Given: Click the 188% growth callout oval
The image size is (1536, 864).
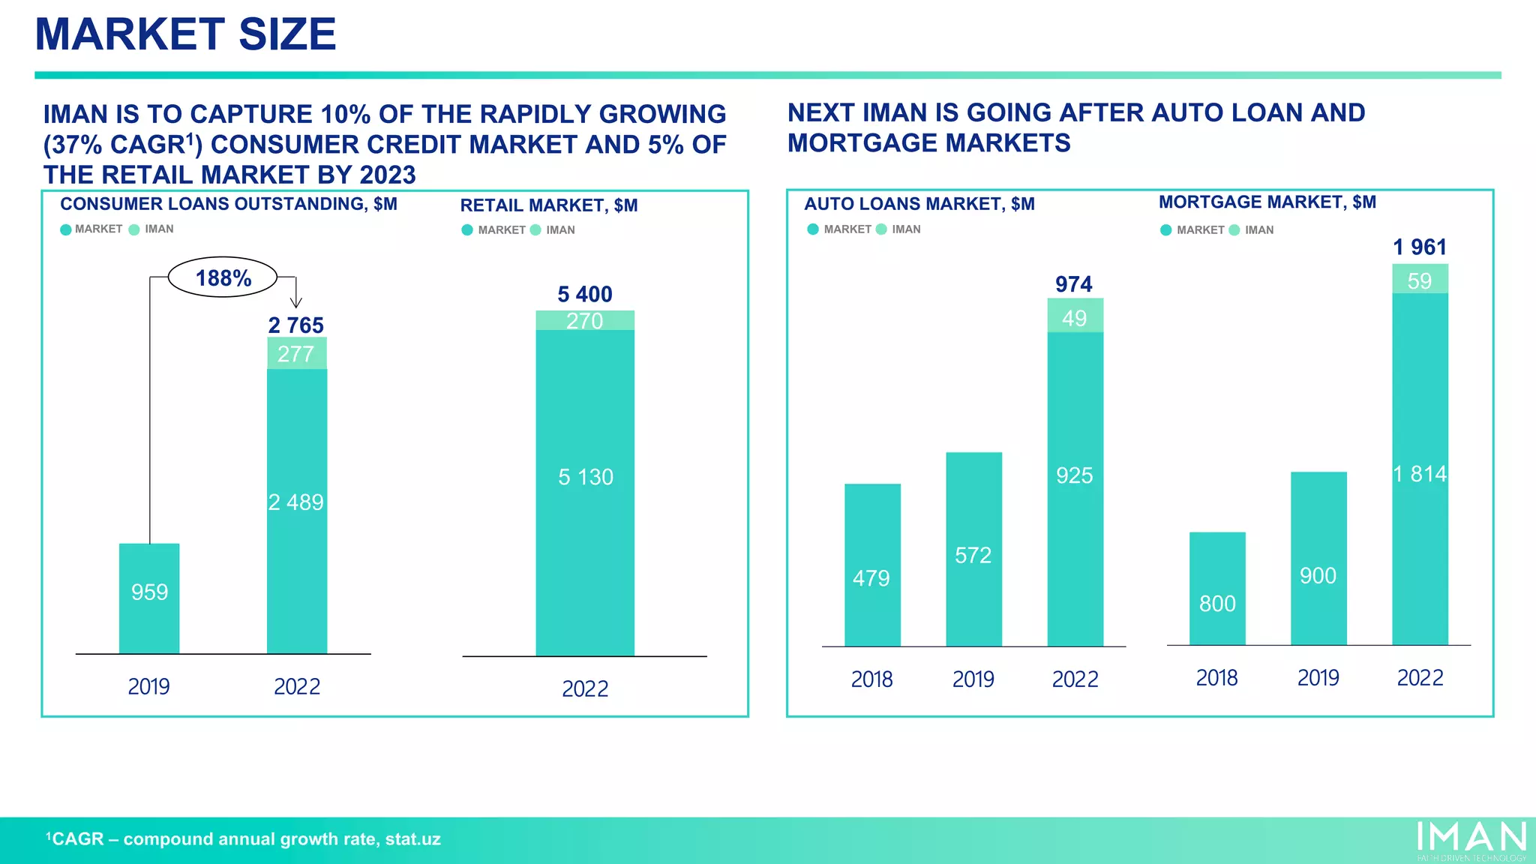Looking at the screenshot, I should coord(223,277).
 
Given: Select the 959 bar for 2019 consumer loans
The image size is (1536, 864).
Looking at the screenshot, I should coord(149,598).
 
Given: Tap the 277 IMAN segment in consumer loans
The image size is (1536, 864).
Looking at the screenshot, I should coord(296,353).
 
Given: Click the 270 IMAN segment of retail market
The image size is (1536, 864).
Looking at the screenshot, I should coord(585,321).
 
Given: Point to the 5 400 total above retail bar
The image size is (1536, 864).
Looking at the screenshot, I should coord(585,294).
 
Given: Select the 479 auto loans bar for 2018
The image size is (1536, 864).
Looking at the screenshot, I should coord(872,565).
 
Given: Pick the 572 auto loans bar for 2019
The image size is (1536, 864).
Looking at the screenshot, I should coord(973,549).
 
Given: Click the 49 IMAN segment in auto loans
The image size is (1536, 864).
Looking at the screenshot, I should coord(1075,316).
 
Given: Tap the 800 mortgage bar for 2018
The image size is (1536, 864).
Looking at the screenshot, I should coord(1217,589).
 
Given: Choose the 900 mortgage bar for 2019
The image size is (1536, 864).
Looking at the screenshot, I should coord(1318,558).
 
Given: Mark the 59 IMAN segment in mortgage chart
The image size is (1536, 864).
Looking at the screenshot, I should coord(1420,279).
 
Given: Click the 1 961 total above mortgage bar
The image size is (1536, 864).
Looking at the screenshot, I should coord(1420,247).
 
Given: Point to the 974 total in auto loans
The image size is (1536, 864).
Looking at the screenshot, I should coord(1074,284).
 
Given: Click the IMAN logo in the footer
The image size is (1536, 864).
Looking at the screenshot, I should coord(1471,838).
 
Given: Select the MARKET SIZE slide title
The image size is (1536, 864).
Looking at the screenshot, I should coord(186,34).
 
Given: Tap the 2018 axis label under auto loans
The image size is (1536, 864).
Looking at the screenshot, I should coord(871,679).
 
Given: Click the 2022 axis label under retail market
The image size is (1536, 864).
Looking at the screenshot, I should coord(585,688).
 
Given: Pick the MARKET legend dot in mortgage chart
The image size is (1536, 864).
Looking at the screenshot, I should coord(1166,230).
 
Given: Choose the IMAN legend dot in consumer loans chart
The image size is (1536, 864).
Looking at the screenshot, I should coord(134,229).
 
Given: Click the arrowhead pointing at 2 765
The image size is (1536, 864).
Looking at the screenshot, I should coord(296,302).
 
